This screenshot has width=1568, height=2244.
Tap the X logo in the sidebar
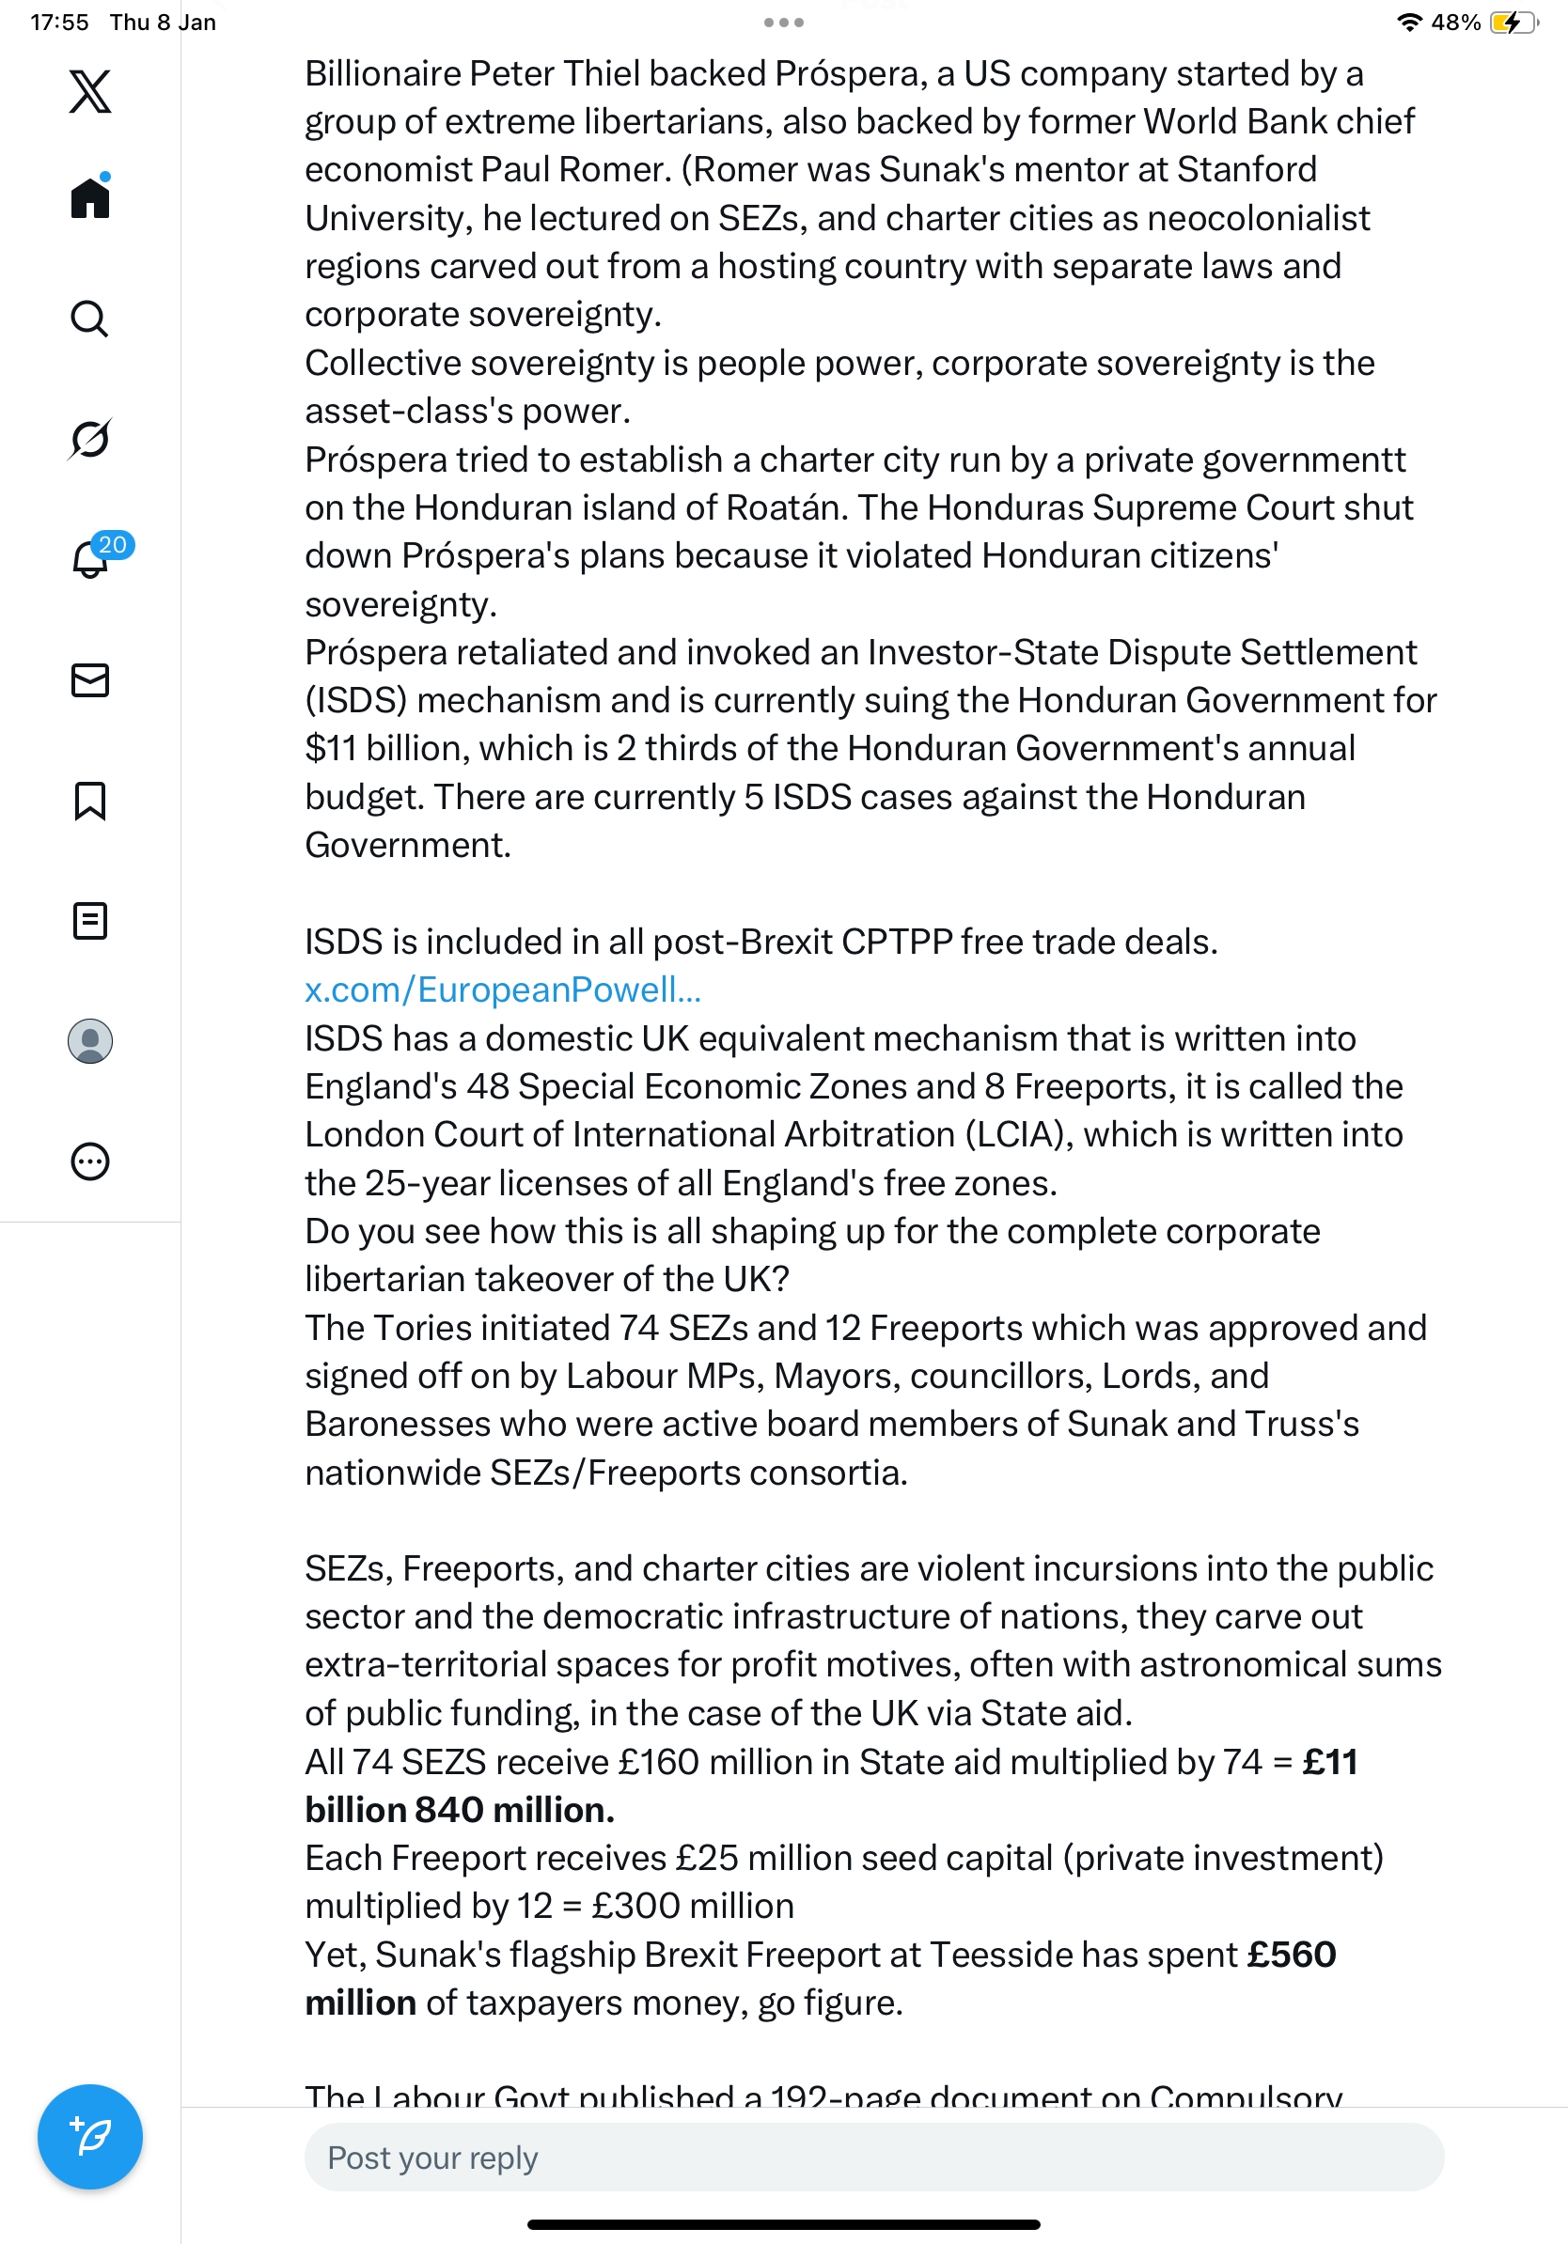[x=90, y=92]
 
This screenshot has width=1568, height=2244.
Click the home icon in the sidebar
[x=90, y=197]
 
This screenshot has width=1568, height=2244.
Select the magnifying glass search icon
[x=90, y=319]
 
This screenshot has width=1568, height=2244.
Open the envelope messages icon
[x=90, y=680]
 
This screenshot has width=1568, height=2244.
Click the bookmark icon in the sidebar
[x=90, y=801]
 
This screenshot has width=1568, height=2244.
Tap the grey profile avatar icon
[x=90, y=1041]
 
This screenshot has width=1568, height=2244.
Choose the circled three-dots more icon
[x=90, y=1161]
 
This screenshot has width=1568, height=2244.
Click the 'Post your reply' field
[x=873, y=2157]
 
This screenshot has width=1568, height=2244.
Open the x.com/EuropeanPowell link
[x=503, y=990]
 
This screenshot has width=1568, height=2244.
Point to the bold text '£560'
[x=1292, y=1954]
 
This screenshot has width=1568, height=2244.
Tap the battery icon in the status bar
[x=1512, y=23]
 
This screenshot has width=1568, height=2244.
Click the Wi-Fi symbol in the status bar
[x=1408, y=23]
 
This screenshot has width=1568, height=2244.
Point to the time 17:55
[x=58, y=23]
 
